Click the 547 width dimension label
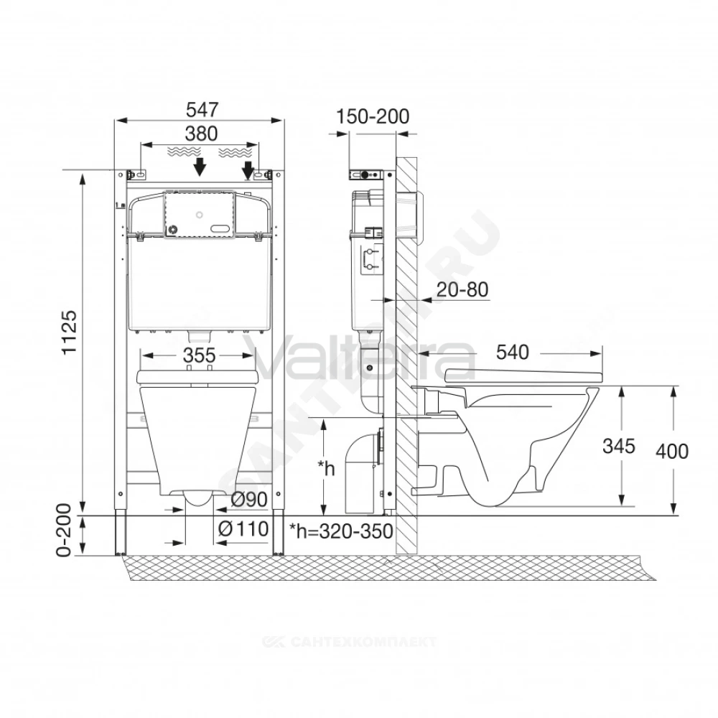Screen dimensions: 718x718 pos(202,110)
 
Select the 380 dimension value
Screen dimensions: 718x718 pos(201,134)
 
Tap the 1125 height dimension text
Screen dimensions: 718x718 pos(70,332)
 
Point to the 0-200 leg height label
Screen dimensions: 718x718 pos(64,531)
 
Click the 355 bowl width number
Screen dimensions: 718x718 pos(199,355)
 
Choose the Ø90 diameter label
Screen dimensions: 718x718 pos(249,500)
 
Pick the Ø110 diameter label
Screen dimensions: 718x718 pos(243,529)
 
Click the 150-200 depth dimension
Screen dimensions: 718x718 pos(373,117)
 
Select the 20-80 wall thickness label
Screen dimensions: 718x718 pos(462,289)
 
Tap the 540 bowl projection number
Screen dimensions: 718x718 pos(513,353)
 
